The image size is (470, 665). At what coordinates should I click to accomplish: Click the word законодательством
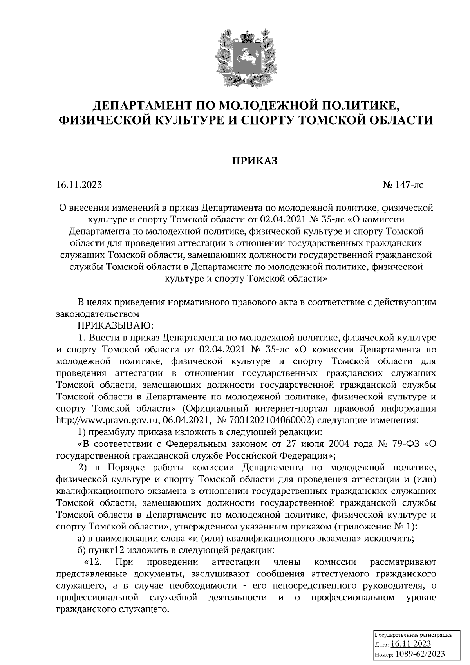[x=98, y=314]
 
